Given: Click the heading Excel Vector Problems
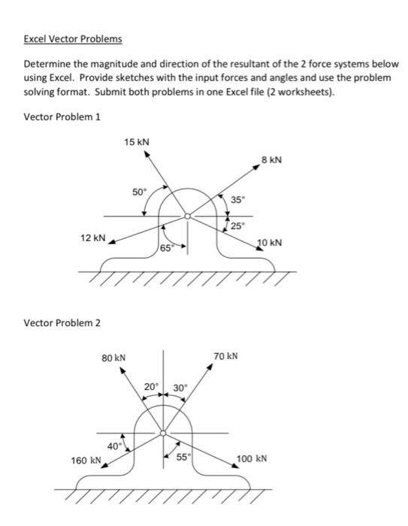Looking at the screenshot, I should (73, 39).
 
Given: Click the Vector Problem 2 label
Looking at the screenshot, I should (62, 322).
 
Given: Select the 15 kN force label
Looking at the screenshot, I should (137, 141).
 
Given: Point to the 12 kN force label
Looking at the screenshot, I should (92, 237).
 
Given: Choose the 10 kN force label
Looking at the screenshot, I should (269, 243).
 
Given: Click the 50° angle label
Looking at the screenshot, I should (140, 192).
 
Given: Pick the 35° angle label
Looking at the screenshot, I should (237, 200).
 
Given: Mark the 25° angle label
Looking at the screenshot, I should (237, 225).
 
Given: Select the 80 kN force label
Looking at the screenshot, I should (113, 359).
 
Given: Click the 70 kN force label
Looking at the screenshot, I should (225, 355).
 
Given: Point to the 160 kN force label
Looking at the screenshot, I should (86, 460).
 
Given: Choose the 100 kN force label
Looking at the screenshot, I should (252, 459).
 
